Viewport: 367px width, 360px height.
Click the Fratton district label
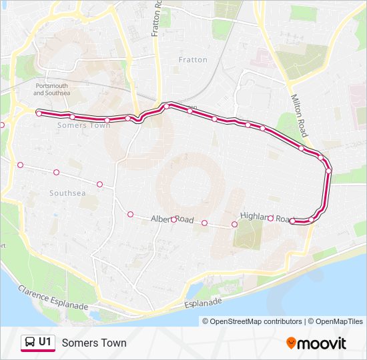point(193,60)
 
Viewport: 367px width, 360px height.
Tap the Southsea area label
point(67,193)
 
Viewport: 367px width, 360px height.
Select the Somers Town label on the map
point(84,125)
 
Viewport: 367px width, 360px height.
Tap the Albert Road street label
point(172,219)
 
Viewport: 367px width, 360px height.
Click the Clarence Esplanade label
point(53,296)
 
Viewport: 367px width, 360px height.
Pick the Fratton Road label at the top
point(157,20)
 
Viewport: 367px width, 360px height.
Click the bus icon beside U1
point(30,343)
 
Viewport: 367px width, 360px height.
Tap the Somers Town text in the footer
point(93,343)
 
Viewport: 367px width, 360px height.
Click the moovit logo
point(316,343)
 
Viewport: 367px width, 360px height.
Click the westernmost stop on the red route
point(39,114)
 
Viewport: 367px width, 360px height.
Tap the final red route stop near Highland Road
point(293,221)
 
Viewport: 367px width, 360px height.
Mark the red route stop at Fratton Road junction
point(167,105)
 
